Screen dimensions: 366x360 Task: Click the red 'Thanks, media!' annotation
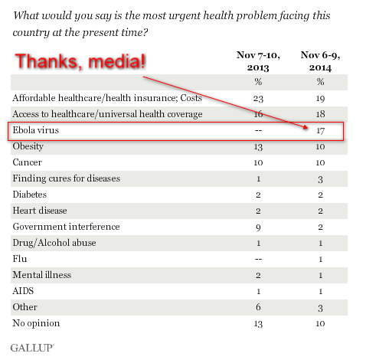[80, 61]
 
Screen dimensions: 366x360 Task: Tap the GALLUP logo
[32, 348]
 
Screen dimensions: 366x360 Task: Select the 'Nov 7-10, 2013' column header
[258, 61]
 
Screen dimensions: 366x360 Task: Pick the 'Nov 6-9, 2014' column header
[320, 61]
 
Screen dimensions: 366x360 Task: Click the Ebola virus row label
[36, 130]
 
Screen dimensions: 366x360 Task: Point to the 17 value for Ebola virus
[320, 131]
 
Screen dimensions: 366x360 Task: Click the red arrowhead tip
[308, 128]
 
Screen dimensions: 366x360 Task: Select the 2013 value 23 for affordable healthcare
[258, 99]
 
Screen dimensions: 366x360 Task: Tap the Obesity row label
[28, 146]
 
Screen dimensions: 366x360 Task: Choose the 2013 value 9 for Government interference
[258, 227]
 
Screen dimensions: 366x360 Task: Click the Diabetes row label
[30, 195]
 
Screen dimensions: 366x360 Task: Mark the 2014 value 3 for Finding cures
[320, 179]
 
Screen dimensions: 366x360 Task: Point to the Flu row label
[20, 259]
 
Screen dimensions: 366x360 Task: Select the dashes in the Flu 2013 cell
[258, 259]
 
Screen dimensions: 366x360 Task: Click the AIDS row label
[23, 291]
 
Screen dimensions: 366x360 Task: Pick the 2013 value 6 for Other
[258, 307]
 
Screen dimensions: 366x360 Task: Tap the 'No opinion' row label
[36, 323]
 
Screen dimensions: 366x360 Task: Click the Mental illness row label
[42, 275]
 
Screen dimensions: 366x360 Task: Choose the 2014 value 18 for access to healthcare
[320, 114]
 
